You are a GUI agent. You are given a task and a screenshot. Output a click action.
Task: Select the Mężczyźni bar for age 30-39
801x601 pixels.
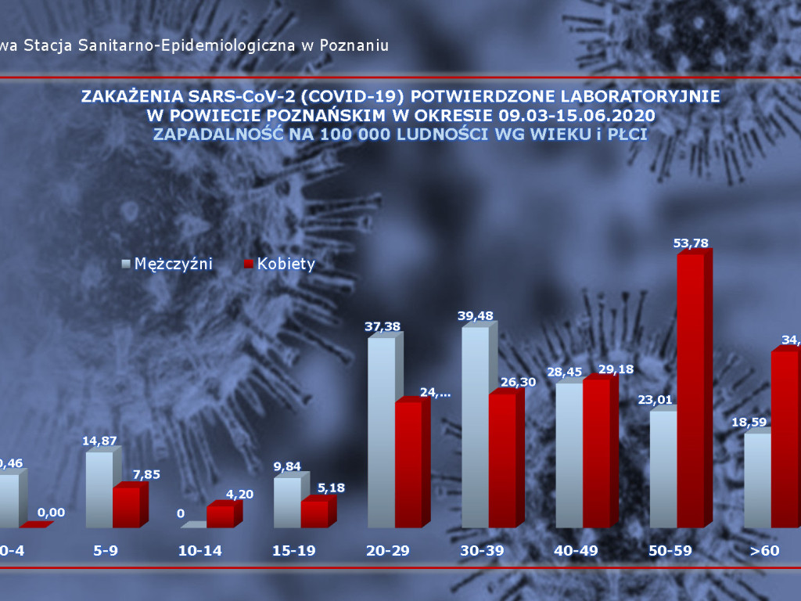[476, 427]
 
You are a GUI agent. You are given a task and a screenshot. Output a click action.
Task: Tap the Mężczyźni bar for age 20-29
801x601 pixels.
[381, 432]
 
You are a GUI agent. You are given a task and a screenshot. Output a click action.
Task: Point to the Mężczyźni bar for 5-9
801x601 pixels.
[99, 489]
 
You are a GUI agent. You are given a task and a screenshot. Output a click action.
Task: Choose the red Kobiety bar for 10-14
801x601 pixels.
[221, 516]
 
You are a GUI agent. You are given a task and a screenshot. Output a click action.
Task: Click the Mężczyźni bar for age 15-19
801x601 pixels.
[287, 502]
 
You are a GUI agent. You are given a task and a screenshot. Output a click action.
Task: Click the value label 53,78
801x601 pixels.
[691, 243]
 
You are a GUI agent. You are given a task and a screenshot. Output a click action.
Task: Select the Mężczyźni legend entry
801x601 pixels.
[167, 264]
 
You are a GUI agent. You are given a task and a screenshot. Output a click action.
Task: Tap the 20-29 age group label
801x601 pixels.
[388, 550]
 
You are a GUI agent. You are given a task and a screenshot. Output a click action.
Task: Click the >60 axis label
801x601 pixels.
[764, 550]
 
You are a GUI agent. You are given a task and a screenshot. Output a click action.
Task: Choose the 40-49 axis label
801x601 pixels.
[576, 550]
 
